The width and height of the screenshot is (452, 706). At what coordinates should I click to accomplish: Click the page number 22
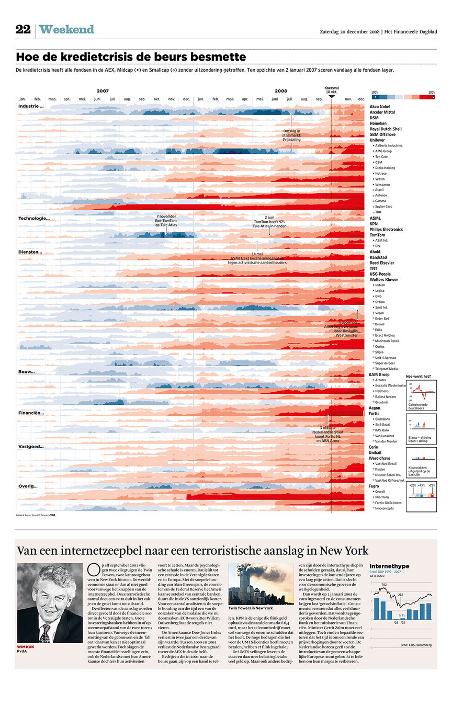[x=23, y=30]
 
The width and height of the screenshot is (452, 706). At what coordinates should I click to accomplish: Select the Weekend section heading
[x=66, y=30]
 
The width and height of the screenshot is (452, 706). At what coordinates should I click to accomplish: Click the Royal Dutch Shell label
[x=386, y=129]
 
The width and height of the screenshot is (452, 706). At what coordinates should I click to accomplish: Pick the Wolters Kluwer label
[x=383, y=279]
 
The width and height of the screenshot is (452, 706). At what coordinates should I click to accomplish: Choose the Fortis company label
[x=375, y=413]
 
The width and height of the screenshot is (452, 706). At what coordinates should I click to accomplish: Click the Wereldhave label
[x=379, y=458]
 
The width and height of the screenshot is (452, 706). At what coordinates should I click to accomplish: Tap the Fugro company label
[x=375, y=486]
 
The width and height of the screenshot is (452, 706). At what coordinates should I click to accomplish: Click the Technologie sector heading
[x=34, y=218]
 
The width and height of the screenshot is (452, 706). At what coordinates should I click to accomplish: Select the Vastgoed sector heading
[x=31, y=447]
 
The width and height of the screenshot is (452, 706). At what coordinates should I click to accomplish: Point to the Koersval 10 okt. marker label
[x=332, y=89]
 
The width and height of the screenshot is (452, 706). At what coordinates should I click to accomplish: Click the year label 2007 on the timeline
[x=103, y=91]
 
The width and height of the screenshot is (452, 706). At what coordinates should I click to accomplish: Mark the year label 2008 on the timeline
[x=281, y=91]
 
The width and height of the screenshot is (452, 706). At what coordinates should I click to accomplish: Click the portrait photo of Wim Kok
[x=50, y=602]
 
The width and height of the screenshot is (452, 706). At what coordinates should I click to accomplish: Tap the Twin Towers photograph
[x=261, y=584]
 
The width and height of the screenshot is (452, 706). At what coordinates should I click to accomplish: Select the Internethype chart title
[x=389, y=566]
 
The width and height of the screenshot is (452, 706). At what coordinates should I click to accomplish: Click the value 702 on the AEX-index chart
[x=384, y=585]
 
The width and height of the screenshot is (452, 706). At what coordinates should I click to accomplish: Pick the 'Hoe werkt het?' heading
[x=419, y=376]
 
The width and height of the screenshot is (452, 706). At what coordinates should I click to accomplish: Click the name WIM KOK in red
[x=28, y=647]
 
